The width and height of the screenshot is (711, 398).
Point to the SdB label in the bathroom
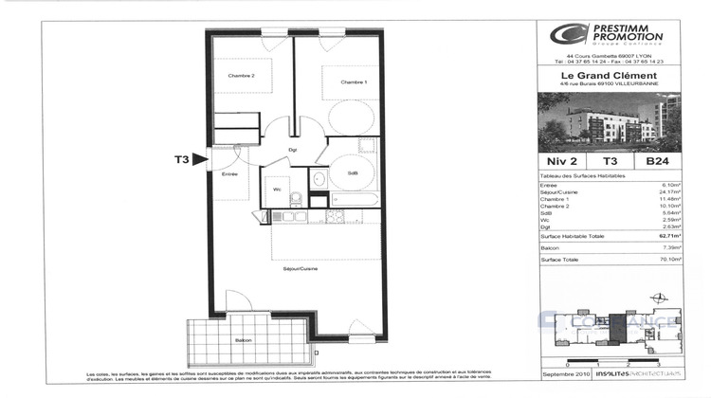pyautogui.click(x=352, y=172)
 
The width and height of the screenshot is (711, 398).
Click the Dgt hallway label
pyautogui.click(x=293, y=150)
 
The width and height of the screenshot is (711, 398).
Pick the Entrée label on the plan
pyautogui.click(x=229, y=174)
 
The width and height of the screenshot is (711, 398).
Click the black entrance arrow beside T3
pyautogui.click(x=199, y=160)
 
